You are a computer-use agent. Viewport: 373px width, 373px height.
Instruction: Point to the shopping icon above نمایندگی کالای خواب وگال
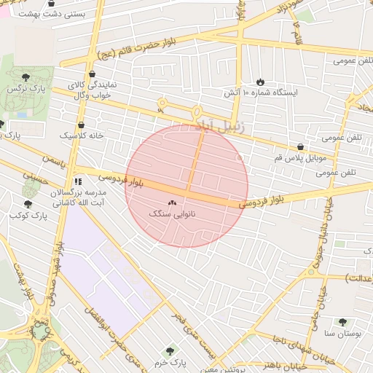[x=92, y=74]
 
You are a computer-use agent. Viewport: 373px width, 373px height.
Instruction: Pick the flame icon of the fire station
[x=261, y=82]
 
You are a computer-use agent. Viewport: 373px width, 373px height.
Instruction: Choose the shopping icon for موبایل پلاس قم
[x=301, y=146]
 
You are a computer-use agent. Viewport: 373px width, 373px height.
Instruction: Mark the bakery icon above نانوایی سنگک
[x=173, y=203]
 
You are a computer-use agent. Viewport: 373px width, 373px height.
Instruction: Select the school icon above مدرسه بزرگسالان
[x=78, y=181]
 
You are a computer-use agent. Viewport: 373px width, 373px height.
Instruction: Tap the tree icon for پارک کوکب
[x=28, y=205]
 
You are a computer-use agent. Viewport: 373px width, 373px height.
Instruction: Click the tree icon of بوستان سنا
[x=342, y=321]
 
